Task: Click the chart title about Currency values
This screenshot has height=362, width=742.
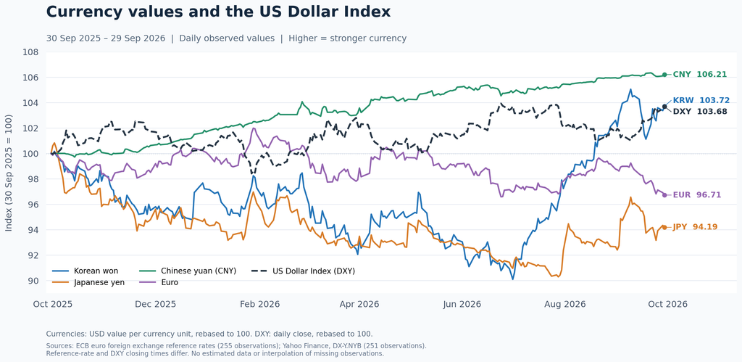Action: [218, 12]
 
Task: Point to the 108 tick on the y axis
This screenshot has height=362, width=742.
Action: [30, 52]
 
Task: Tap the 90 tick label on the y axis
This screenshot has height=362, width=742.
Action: [33, 281]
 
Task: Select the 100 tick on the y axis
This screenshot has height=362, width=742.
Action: [30, 154]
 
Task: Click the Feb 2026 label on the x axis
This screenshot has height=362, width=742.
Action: [260, 304]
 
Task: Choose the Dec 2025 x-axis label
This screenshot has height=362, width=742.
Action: [156, 304]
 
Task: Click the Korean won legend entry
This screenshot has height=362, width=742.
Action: [86, 271]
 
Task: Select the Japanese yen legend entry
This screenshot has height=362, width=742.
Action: [88, 282]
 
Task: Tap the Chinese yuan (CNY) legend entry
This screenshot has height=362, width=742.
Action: [188, 271]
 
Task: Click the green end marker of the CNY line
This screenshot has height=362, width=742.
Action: [664, 75]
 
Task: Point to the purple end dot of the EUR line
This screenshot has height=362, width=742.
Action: [664, 195]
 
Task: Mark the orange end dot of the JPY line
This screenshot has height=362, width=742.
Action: [664, 228]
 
